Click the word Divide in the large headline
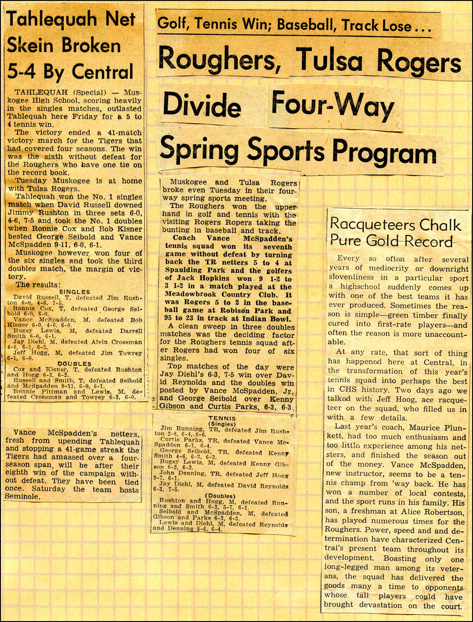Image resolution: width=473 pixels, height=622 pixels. pyautogui.click(x=202, y=105)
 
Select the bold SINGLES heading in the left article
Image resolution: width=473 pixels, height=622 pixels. pyautogui.click(x=75, y=292)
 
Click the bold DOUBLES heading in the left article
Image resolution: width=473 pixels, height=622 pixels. pyautogui.click(x=75, y=364)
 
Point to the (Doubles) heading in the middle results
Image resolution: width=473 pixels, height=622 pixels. pyautogui.click(x=221, y=496)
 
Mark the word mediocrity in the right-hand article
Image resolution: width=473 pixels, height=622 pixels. pyautogui.click(x=381, y=269)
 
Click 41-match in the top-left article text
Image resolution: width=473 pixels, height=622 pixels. pyautogui.click(x=123, y=133)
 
